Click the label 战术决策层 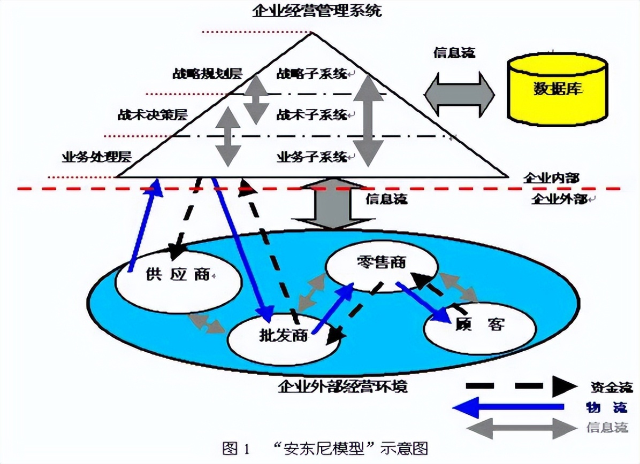pos(153,114)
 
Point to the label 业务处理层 pos(97,157)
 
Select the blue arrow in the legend pos(508,407)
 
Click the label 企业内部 pos(551,178)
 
